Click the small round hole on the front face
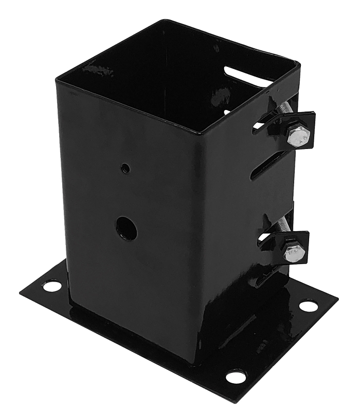coord(125,167)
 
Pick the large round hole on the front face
coord(126,228)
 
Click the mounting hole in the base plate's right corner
coord(308,306)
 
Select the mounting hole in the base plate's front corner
coord(236,377)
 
